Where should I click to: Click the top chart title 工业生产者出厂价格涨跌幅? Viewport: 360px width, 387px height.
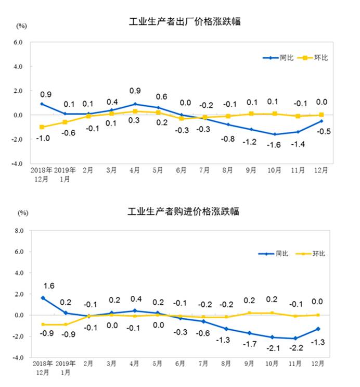pos(185,22)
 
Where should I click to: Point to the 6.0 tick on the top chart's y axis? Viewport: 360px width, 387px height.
pos(19,43)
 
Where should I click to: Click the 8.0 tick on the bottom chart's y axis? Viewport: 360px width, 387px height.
pos(19,231)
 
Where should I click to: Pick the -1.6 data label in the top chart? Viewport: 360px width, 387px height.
pos(275,146)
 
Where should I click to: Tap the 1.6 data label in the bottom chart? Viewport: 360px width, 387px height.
pos(48,285)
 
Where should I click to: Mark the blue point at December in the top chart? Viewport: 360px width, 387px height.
pos(322,121)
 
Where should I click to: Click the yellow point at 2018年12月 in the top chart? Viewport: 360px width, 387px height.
pos(41,127)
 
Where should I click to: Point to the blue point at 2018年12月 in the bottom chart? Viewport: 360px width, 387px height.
pos(42,298)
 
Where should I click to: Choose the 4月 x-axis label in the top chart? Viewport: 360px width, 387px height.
pos(134,170)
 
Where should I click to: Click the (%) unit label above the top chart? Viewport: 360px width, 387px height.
pos(21,25)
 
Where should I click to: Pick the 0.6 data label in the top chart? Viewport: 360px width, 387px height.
pos(161,96)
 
